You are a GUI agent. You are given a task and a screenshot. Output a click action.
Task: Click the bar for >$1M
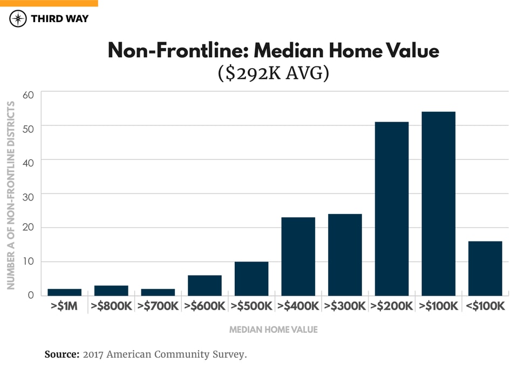(x=64, y=292)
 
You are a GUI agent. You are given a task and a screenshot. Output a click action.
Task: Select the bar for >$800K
(x=111, y=290)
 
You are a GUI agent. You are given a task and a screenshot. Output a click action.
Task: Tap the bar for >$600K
(x=205, y=285)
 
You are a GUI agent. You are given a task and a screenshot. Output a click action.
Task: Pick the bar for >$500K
(x=251, y=278)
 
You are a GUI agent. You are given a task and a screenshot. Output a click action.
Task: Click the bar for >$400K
(x=298, y=256)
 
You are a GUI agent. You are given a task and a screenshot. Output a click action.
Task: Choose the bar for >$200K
(x=392, y=209)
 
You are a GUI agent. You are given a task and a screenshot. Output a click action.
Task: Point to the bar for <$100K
(x=485, y=268)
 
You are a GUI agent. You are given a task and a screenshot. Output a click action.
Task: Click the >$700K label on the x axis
(x=158, y=306)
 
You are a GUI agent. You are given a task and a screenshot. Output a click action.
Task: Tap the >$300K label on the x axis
(x=345, y=306)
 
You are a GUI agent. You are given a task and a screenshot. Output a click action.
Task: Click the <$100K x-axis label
(x=485, y=306)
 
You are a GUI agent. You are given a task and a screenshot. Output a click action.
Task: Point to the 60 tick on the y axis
(x=28, y=94)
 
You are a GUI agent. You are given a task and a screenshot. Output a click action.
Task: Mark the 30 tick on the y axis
(x=28, y=194)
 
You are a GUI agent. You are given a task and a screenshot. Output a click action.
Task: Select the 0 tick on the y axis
(x=30, y=295)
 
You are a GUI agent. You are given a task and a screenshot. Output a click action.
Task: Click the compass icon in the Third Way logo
(x=18, y=19)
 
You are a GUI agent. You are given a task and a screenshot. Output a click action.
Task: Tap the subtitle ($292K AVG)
(x=273, y=72)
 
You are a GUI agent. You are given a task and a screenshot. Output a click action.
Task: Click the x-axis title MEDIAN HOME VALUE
(x=273, y=329)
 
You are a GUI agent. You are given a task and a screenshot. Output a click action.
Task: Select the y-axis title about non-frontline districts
(x=11, y=195)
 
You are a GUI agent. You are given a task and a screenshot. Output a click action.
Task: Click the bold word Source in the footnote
(x=62, y=354)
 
